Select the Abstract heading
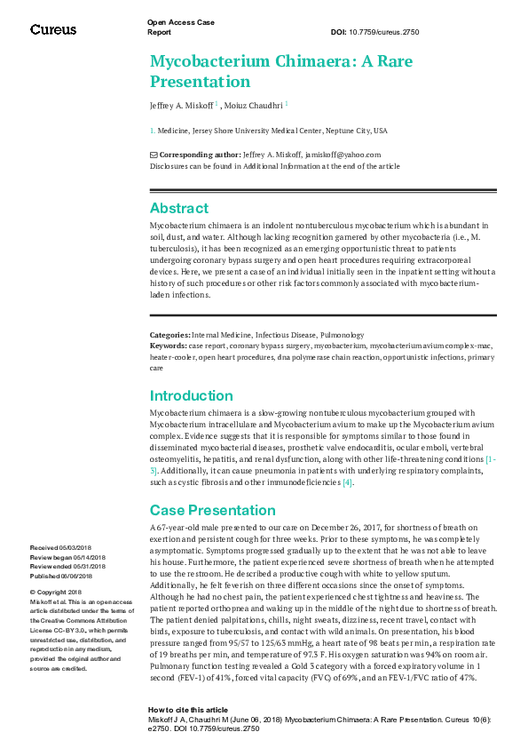tap(179, 208)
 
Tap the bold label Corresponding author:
tap(199, 155)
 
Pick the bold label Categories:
tap(169, 334)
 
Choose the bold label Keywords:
tap(168, 344)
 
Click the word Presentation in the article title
tap(201, 82)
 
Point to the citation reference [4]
tap(348, 482)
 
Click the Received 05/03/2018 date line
tap(60, 547)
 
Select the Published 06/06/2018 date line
tap(62, 576)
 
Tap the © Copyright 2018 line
tap(56, 592)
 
